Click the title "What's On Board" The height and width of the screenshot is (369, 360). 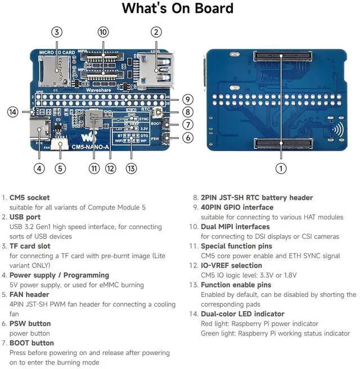[177, 8]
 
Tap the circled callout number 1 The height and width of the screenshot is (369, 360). [281, 168]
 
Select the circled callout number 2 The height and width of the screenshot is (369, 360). [156, 33]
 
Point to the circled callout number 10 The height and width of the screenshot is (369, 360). [103, 33]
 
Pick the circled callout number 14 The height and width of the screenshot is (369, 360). [12, 112]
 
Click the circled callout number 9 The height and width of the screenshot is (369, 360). [188, 99]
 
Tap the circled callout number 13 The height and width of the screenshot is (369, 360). [130, 168]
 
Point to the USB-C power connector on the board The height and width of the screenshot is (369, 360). [40, 133]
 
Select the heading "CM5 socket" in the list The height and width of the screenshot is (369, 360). [29, 197]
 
